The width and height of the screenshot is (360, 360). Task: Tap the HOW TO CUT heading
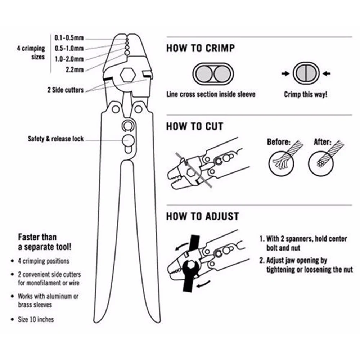(x=194, y=126)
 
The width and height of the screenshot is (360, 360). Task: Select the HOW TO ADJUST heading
(x=202, y=216)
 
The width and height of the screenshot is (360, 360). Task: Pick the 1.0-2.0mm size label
(x=69, y=59)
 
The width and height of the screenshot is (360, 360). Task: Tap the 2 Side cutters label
(x=65, y=90)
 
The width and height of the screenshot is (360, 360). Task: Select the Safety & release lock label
(x=56, y=139)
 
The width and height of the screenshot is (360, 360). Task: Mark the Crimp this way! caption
(x=306, y=95)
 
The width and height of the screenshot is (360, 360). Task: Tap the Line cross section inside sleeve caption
(x=211, y=95)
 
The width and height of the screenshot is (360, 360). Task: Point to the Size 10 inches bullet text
(x=36, y=319)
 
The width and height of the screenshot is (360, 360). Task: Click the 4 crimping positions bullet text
(x=43, y=261)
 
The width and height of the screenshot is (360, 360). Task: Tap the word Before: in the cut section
(x=278, y=142)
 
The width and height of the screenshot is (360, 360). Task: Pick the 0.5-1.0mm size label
(x=69, y=48)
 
